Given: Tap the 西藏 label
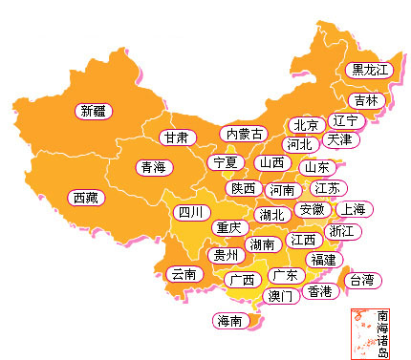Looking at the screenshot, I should pyautogui.click(x=84, y=198).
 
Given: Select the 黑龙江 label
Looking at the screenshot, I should pyautogui.click(x=370, y=70).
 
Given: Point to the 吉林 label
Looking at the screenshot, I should pyautogui.click(x=365, y=100).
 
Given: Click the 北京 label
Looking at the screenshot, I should pyautogui.click(x=306, y=125).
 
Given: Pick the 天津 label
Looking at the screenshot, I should pyautogui.click(x=339, y=139).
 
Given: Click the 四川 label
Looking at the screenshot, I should pyautogui.click(x=189, y=212).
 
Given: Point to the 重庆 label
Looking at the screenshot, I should pyautogui.click(x=228, y=228).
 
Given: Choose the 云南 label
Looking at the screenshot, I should pyautogui.click(x=183, y=274).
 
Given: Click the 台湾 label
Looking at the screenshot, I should pyautogui.click(x=362, y=280).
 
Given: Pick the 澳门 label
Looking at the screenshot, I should pyautogui.click(x=281, y=296).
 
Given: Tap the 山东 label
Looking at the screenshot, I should pyautogui.click(x=315, y=167).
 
